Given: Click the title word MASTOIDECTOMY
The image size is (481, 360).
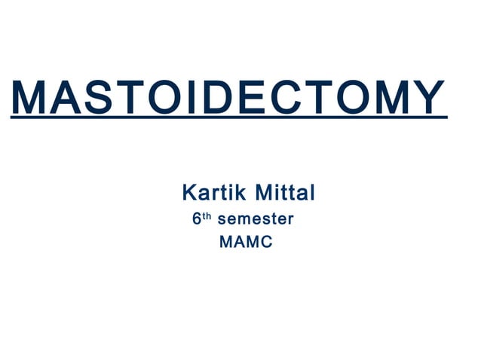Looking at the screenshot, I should [228, 97].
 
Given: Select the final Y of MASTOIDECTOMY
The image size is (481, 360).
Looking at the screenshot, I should [428, 97].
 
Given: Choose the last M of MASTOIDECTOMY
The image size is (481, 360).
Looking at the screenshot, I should [388, 97].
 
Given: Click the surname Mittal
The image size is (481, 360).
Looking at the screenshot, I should [285, 194].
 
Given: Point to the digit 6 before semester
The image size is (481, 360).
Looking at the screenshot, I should [197, 221].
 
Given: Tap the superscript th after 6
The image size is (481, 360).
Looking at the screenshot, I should [207, 217].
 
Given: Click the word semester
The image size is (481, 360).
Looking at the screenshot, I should [255, 221].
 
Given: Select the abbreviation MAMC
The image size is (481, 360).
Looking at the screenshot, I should [245, 244].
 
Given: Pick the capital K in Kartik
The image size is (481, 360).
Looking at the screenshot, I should [189, 194].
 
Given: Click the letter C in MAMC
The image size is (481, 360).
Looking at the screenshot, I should [266, 244].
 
